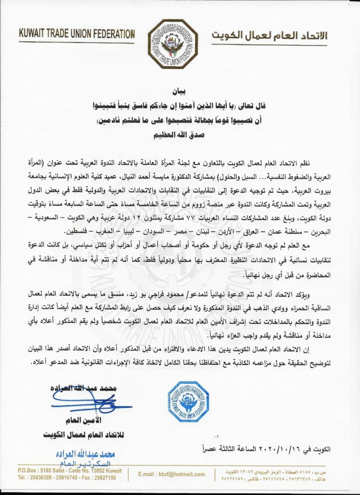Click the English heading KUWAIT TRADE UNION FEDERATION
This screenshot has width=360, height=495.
tap(76, 34)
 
